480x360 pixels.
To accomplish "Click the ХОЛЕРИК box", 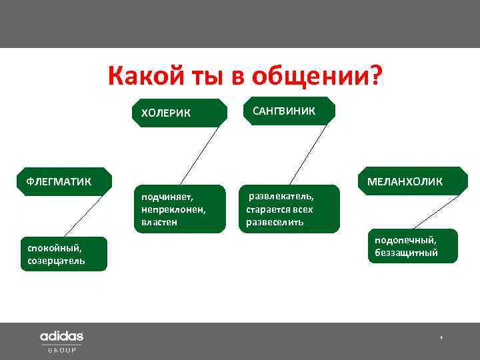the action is [x=180, y=112].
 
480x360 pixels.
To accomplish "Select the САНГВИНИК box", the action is [x=288, y=111].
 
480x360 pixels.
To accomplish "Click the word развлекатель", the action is [x=281, y=197].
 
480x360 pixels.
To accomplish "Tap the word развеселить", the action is [x=275, y=222].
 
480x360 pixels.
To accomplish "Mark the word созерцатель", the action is [x=57, y=261].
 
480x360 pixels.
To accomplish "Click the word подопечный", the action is [x=405, y=240].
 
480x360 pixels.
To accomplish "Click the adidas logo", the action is [x=61, y=336].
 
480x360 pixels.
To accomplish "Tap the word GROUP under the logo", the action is [x=61, y=350].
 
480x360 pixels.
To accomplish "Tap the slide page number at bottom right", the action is [x=441, y=339].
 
